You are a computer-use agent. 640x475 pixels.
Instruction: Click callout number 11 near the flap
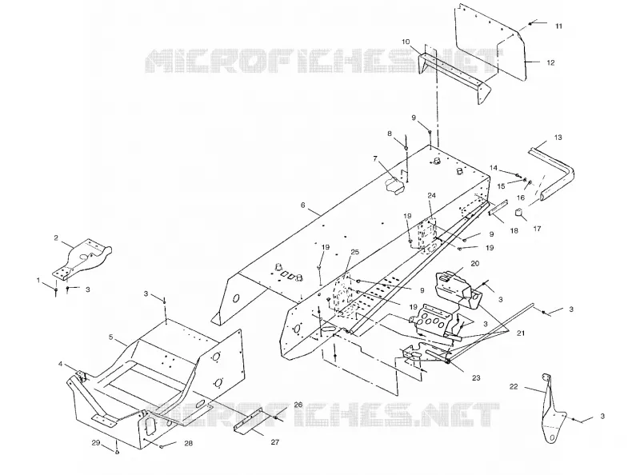(x=558, y=26)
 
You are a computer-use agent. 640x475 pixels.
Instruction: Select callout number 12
(x=550, y=62)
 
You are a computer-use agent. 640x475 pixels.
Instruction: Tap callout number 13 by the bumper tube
(x=558, y=137)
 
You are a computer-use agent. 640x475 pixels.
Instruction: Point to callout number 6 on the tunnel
(x=303, y=205)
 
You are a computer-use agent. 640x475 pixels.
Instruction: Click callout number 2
(x=56, y=238)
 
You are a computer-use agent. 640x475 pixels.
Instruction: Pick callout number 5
(x=110, y=337)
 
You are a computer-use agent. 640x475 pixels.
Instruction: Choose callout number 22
(x=514, y=386)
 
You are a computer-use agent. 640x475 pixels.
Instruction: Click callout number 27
(x=275, y=442)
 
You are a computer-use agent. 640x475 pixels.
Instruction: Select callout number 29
(x=95, y=443)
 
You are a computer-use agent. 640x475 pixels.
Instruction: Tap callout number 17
(x=537, y=229)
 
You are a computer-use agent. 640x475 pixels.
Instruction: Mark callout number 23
(x=476, y=378)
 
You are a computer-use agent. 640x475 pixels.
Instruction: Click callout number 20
(x=474, y=264)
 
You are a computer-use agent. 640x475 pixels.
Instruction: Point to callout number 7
(x=375, y=158)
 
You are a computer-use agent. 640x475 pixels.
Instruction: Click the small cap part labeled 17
(x=518, y=213)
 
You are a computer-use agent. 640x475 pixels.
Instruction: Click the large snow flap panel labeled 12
(x=490, y=41)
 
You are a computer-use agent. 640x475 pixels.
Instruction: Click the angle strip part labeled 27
(x=250, y=422)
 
